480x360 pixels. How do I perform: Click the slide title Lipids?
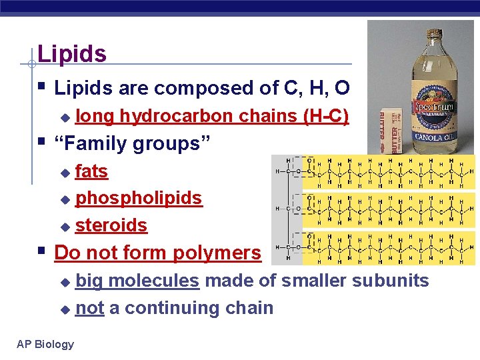click(x=72, y=54)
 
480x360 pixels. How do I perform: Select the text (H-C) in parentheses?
click(x=325, y=116)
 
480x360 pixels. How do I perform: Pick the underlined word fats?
click(x=91, y=171)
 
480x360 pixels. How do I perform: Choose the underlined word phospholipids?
click(x=138, y=198)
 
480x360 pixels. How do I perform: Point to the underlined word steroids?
click(x=111, y=225)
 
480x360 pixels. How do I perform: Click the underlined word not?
click(x=89, y=308)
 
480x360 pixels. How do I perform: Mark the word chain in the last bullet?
click(x=249, y=308)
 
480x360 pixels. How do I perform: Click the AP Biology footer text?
click(x=45, y=344)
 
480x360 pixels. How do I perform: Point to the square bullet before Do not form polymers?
click(x=43, y=252)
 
